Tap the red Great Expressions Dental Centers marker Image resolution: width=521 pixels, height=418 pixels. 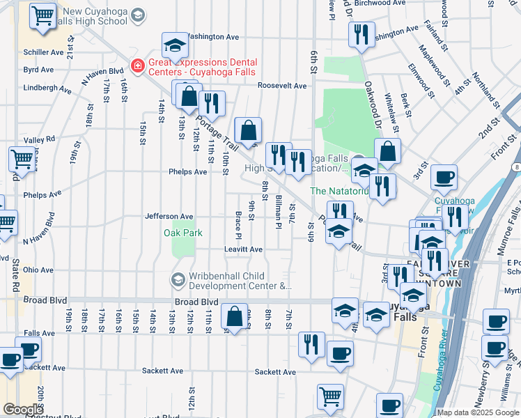[x=137, y=66]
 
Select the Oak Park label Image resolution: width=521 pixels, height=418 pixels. [x=183, y=233]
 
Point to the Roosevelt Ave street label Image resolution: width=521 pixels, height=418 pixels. [x=282, y=86]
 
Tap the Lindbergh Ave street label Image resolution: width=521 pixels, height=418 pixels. [x=47, y=89]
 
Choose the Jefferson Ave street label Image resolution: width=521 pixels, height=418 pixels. [x=169, y=217]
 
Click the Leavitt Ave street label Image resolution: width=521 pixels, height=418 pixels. [x=243, y=249]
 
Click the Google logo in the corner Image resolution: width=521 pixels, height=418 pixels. [x=23, y=410]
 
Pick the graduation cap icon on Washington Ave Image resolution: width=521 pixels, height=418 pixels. [x=176, y=47]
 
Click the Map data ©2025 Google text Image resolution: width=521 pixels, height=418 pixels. [x=478, y=412]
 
